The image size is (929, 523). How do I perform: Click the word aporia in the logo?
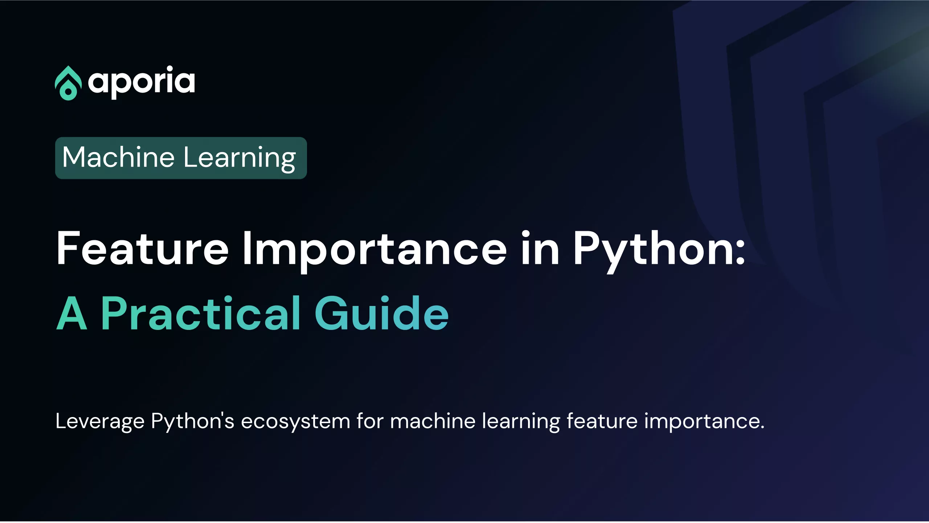tap(142, 82)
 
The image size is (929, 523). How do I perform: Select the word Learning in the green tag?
tap(240, 158)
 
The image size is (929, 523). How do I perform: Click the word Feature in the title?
tap(143, 249)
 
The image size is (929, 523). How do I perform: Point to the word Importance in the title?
tap(375, 252)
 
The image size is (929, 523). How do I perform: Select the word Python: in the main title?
tap(659, 252)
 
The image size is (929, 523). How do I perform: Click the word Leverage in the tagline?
tap(100, 422)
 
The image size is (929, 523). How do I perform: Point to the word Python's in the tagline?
tap(193, 422)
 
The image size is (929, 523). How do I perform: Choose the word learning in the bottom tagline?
tap(521, 422)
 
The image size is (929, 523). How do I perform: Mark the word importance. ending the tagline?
tap(704, 422)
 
